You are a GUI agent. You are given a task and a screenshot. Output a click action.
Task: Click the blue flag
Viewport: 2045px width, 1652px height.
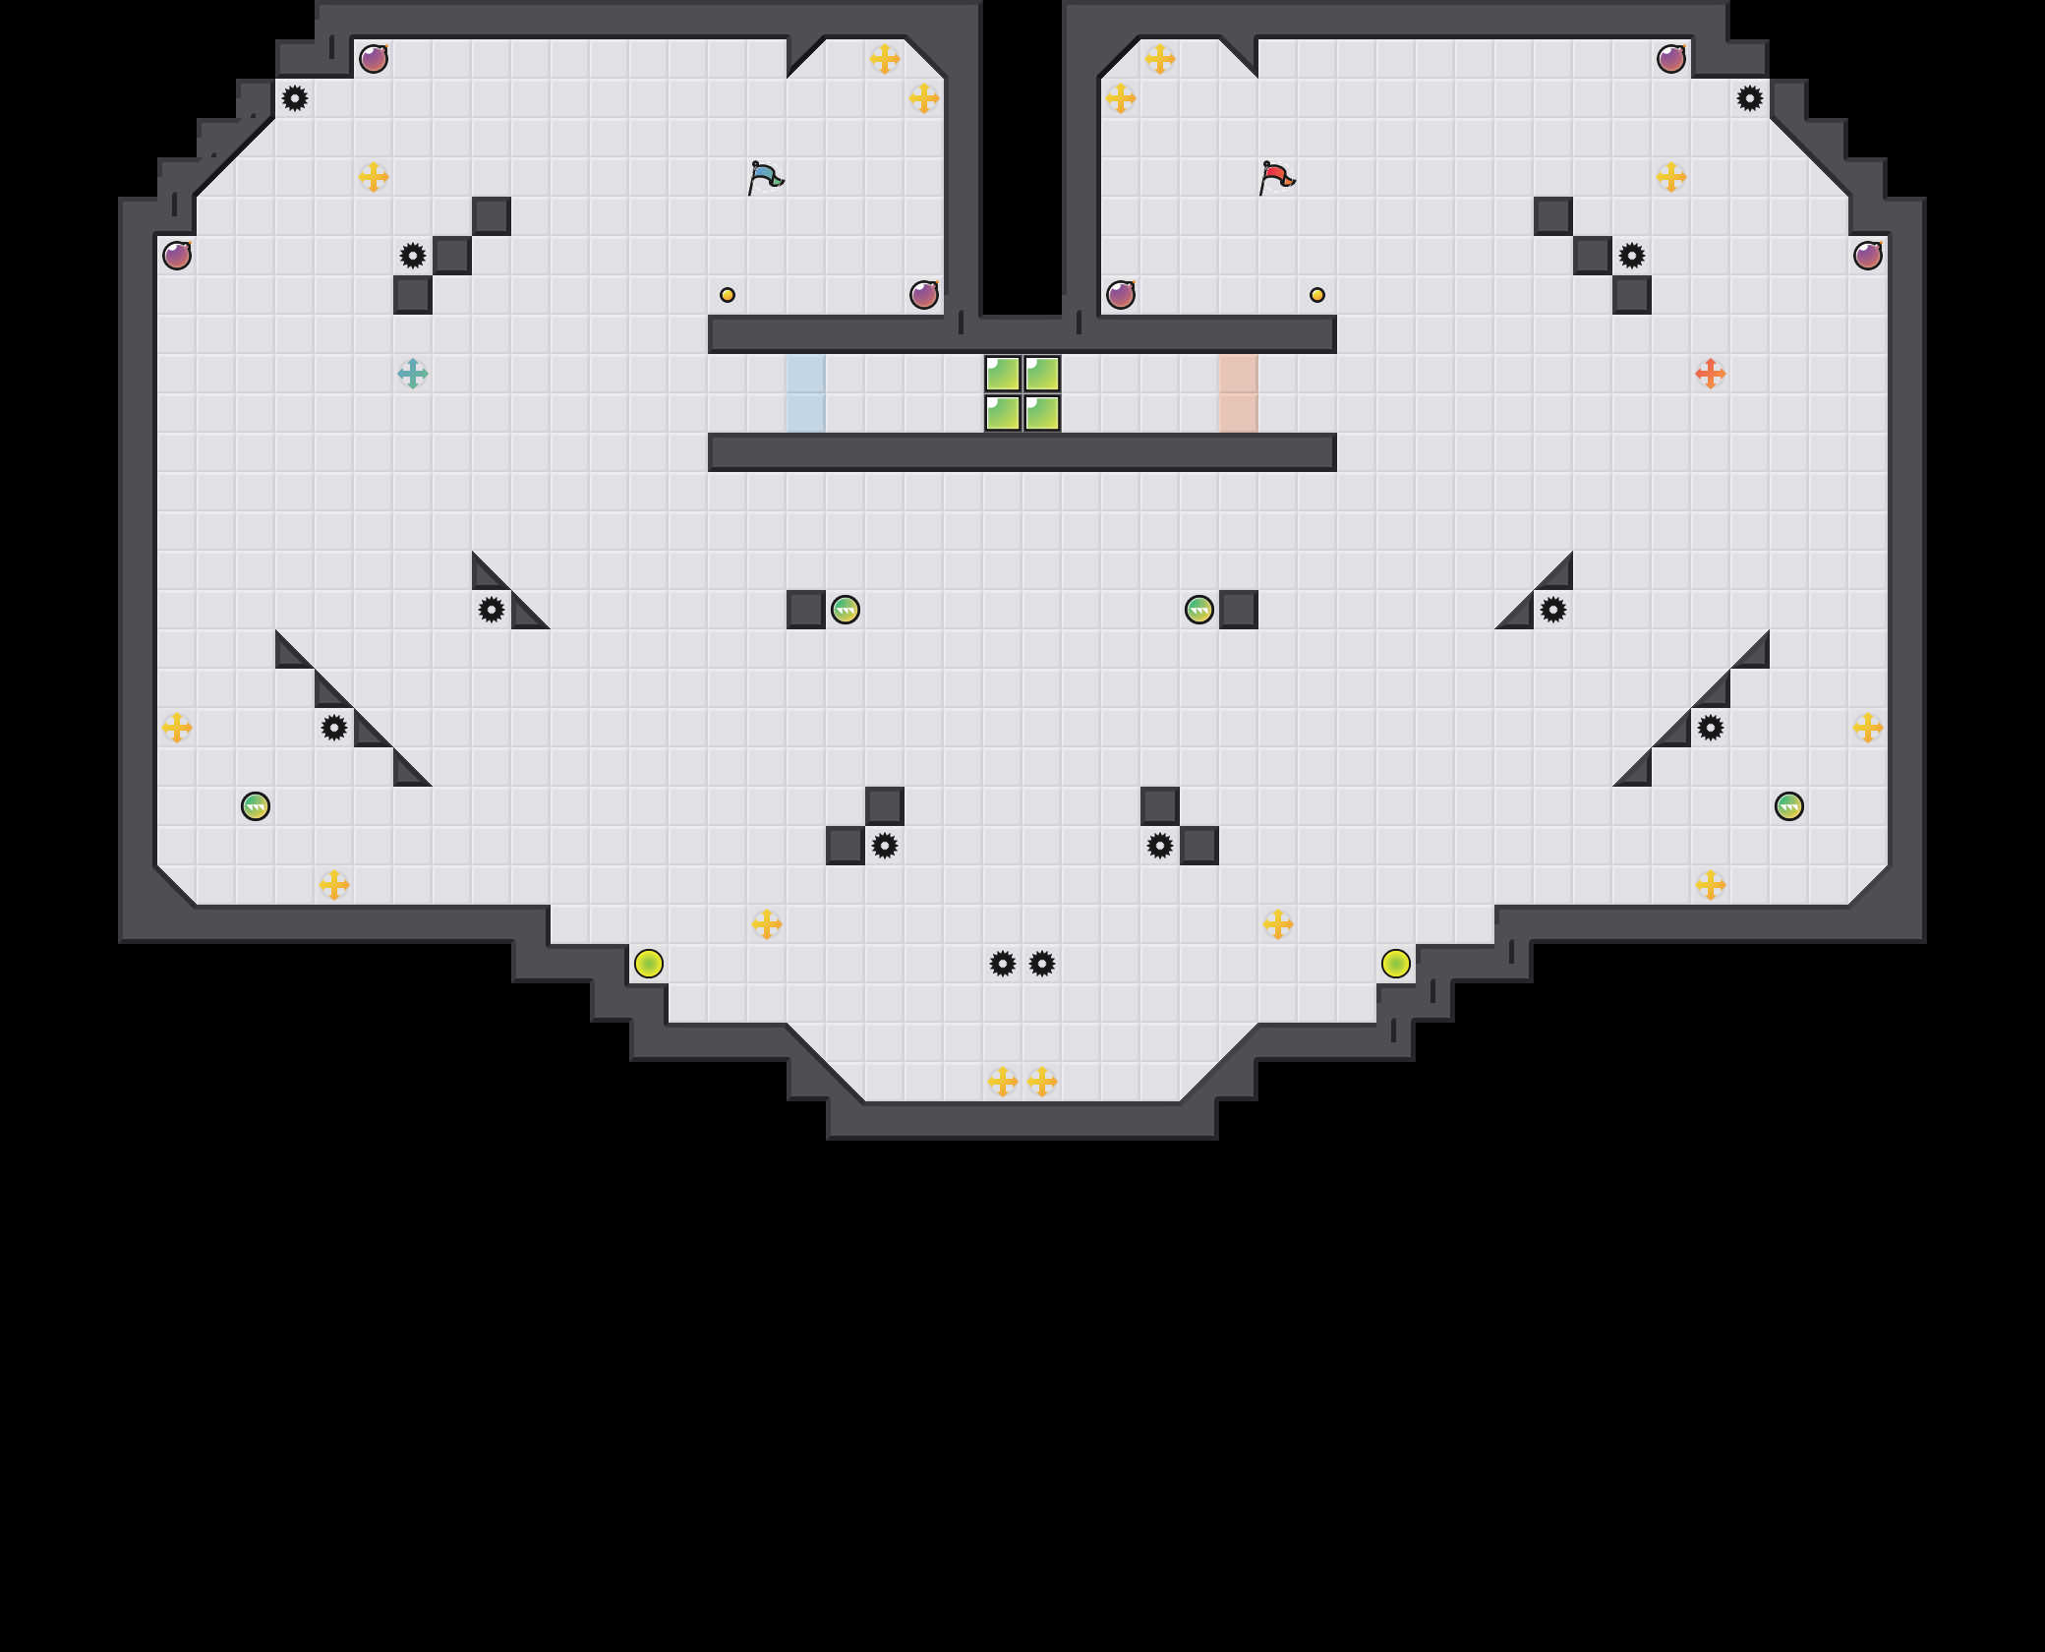coord(765,178)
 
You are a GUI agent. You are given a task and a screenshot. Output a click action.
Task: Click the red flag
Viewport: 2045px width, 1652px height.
coord(1276,178)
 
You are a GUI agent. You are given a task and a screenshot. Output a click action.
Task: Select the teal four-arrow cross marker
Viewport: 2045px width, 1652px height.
coord(413,374)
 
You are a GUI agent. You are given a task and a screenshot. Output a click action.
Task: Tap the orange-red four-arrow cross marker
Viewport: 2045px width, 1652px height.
coord(1711,374)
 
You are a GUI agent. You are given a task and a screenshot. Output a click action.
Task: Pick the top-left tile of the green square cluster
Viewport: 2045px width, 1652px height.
coord(1003,374)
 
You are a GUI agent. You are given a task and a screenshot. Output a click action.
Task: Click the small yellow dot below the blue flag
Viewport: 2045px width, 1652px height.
coord(728,295)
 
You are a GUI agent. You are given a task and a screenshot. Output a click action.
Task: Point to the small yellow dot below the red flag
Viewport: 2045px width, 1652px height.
coord(1317,295)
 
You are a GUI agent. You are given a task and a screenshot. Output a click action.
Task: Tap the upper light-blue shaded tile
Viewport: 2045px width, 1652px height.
coord(806,374)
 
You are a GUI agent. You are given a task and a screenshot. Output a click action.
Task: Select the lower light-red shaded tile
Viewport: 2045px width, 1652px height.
coord(1239,413)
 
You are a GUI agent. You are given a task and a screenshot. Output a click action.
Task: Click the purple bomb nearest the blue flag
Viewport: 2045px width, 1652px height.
coord(924,295)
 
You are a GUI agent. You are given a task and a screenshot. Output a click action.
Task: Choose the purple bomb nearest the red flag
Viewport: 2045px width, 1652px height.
coord(1121,295)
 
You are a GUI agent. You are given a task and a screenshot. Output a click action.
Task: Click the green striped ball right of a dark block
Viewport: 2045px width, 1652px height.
coord(846,610)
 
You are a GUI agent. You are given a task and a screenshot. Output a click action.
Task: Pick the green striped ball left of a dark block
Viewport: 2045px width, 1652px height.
coord(1199,610)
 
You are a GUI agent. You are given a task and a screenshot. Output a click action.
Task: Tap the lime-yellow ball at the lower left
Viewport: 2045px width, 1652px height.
coord(649,964)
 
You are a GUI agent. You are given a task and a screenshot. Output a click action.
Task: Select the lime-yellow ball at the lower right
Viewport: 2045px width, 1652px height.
coord(1396,964)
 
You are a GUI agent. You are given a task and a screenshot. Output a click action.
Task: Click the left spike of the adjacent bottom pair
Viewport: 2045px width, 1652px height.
coord(1003,964)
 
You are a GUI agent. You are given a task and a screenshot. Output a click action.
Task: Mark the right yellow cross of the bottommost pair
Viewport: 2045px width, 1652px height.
coord(1042,1082)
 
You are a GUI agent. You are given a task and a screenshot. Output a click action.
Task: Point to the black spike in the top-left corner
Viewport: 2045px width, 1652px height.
coord(295,98)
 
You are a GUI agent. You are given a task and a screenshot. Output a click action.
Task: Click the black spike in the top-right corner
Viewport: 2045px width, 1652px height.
coord(1750,98)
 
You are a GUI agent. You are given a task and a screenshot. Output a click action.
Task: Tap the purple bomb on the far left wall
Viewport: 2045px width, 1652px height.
coord(177,256)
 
